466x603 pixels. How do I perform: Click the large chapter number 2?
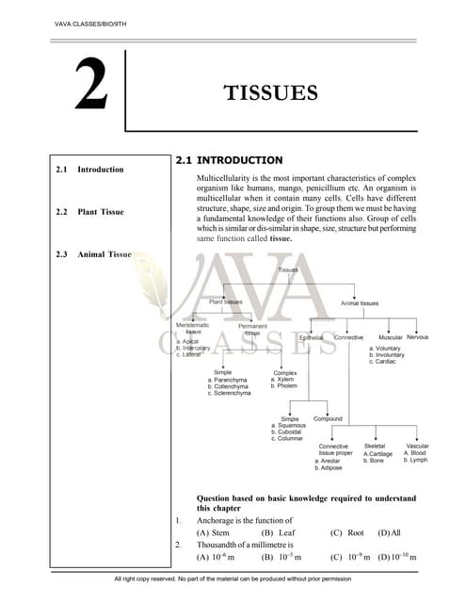(89, 87)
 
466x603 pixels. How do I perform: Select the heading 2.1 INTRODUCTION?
(229, 160)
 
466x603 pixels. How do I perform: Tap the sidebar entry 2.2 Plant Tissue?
(93, 212)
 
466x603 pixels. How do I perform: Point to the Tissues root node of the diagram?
(288, 269)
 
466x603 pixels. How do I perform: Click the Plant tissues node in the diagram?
(225, 302)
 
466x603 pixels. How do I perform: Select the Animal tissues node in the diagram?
(360, 303)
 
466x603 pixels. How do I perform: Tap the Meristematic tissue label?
(193, 328)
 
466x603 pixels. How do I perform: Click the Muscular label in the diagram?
(390, 336)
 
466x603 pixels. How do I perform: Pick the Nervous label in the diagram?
(417, 336)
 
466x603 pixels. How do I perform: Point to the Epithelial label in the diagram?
(311, 337)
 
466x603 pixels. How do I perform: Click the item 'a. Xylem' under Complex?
(285, 379)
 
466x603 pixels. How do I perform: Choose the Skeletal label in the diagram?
(375, 446)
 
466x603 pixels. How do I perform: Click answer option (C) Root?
(347, 532)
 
